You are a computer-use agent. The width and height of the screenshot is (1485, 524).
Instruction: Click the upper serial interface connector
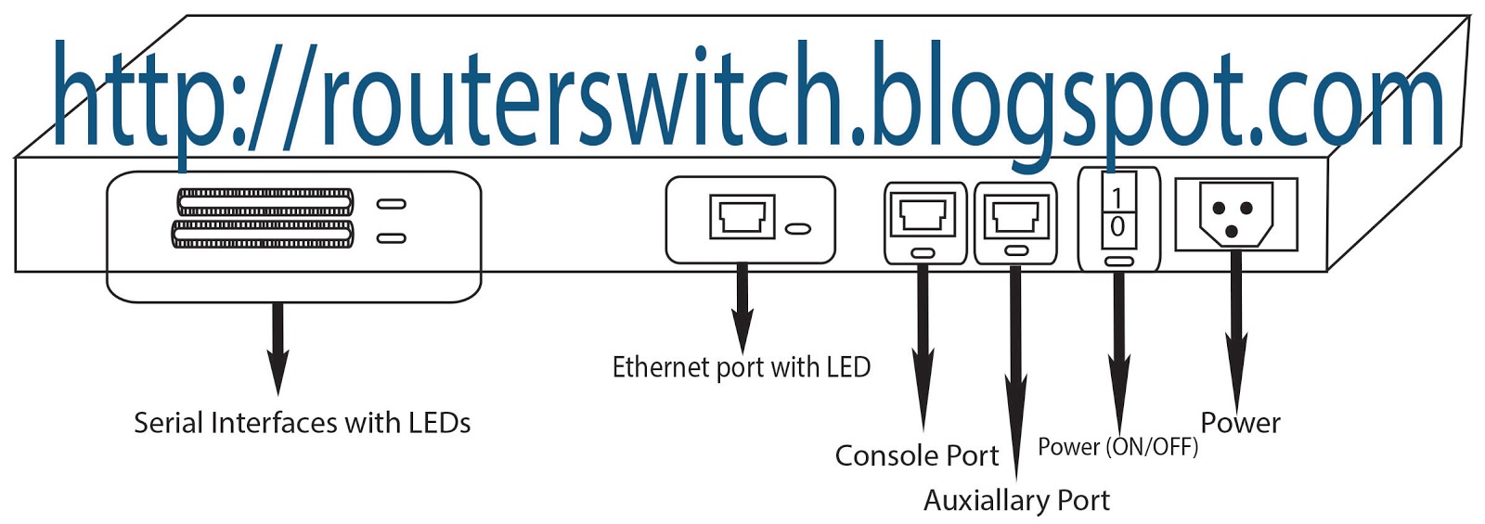(265, 202)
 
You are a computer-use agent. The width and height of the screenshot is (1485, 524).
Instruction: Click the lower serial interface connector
(264, 234)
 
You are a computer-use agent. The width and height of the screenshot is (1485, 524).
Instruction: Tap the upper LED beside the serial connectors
(391, 204)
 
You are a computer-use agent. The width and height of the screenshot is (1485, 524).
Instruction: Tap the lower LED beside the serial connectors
(391, 238)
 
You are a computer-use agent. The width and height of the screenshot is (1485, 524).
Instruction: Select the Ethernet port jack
(742, 218)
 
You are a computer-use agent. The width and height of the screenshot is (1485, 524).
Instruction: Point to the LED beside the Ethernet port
(798, 228)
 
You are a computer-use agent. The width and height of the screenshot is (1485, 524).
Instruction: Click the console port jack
(923, 215)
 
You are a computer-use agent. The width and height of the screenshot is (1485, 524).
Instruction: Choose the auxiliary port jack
(1015, 217)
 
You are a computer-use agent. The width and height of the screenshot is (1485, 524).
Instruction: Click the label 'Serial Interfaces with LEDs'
(302, 424)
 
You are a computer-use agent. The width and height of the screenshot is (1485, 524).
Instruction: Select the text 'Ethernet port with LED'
(741, 368)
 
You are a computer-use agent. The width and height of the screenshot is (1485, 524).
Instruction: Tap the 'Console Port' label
(916, 456)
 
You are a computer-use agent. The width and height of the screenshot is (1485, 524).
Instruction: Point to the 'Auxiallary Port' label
(1016, 501)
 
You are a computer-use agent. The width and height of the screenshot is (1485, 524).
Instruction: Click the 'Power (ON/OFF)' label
(1117, 447)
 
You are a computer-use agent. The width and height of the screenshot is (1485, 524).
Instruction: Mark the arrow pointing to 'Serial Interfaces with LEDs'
(277, 349)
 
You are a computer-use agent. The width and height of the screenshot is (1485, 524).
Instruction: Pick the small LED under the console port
(923, 252)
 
